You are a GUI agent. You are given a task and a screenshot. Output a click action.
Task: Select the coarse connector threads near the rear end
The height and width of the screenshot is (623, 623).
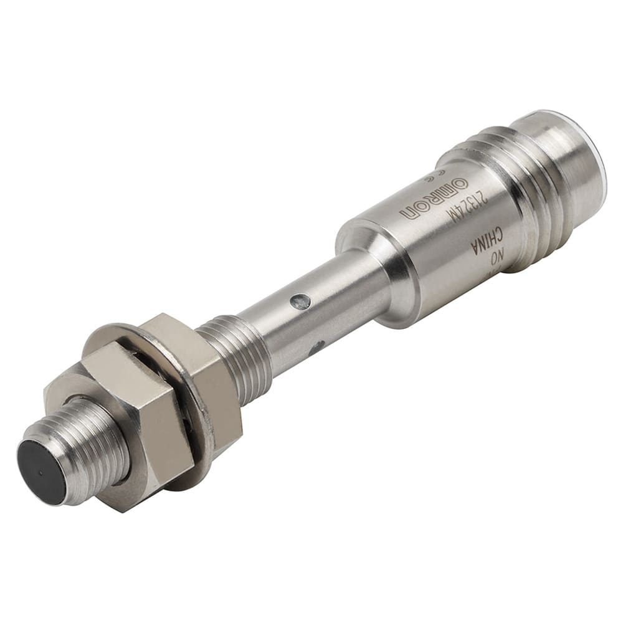tap(498, 187)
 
